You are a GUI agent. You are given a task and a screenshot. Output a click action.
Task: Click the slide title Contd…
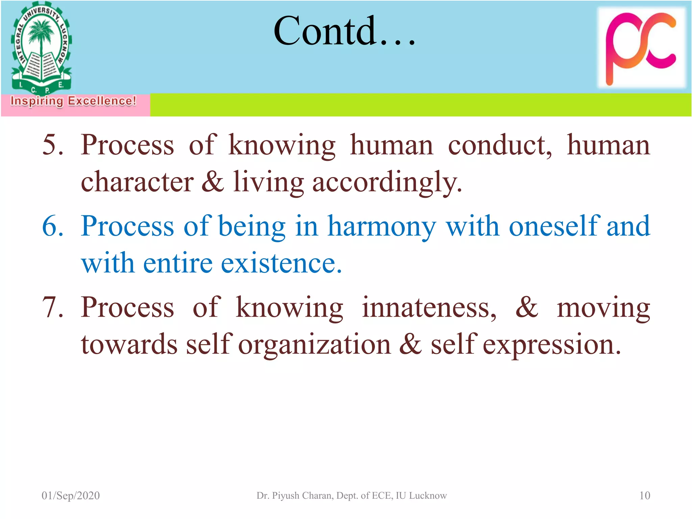344,31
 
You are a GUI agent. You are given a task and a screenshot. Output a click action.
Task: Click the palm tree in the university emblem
41,34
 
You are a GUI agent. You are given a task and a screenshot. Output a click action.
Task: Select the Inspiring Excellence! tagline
73,101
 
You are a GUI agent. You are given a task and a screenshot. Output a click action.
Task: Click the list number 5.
53,145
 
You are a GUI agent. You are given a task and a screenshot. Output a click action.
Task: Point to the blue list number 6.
53,226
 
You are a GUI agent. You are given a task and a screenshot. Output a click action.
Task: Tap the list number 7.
53,307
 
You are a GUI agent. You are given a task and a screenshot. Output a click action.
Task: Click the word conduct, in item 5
500,145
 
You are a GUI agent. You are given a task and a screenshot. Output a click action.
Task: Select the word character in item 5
137,182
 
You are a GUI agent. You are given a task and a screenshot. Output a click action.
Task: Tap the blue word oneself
554,226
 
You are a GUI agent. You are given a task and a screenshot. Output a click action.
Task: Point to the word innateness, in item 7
429,307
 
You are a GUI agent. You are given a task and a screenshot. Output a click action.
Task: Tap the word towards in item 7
129,344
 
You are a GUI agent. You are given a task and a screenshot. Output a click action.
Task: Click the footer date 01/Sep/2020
71,495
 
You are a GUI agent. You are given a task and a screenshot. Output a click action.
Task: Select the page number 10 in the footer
644,495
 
